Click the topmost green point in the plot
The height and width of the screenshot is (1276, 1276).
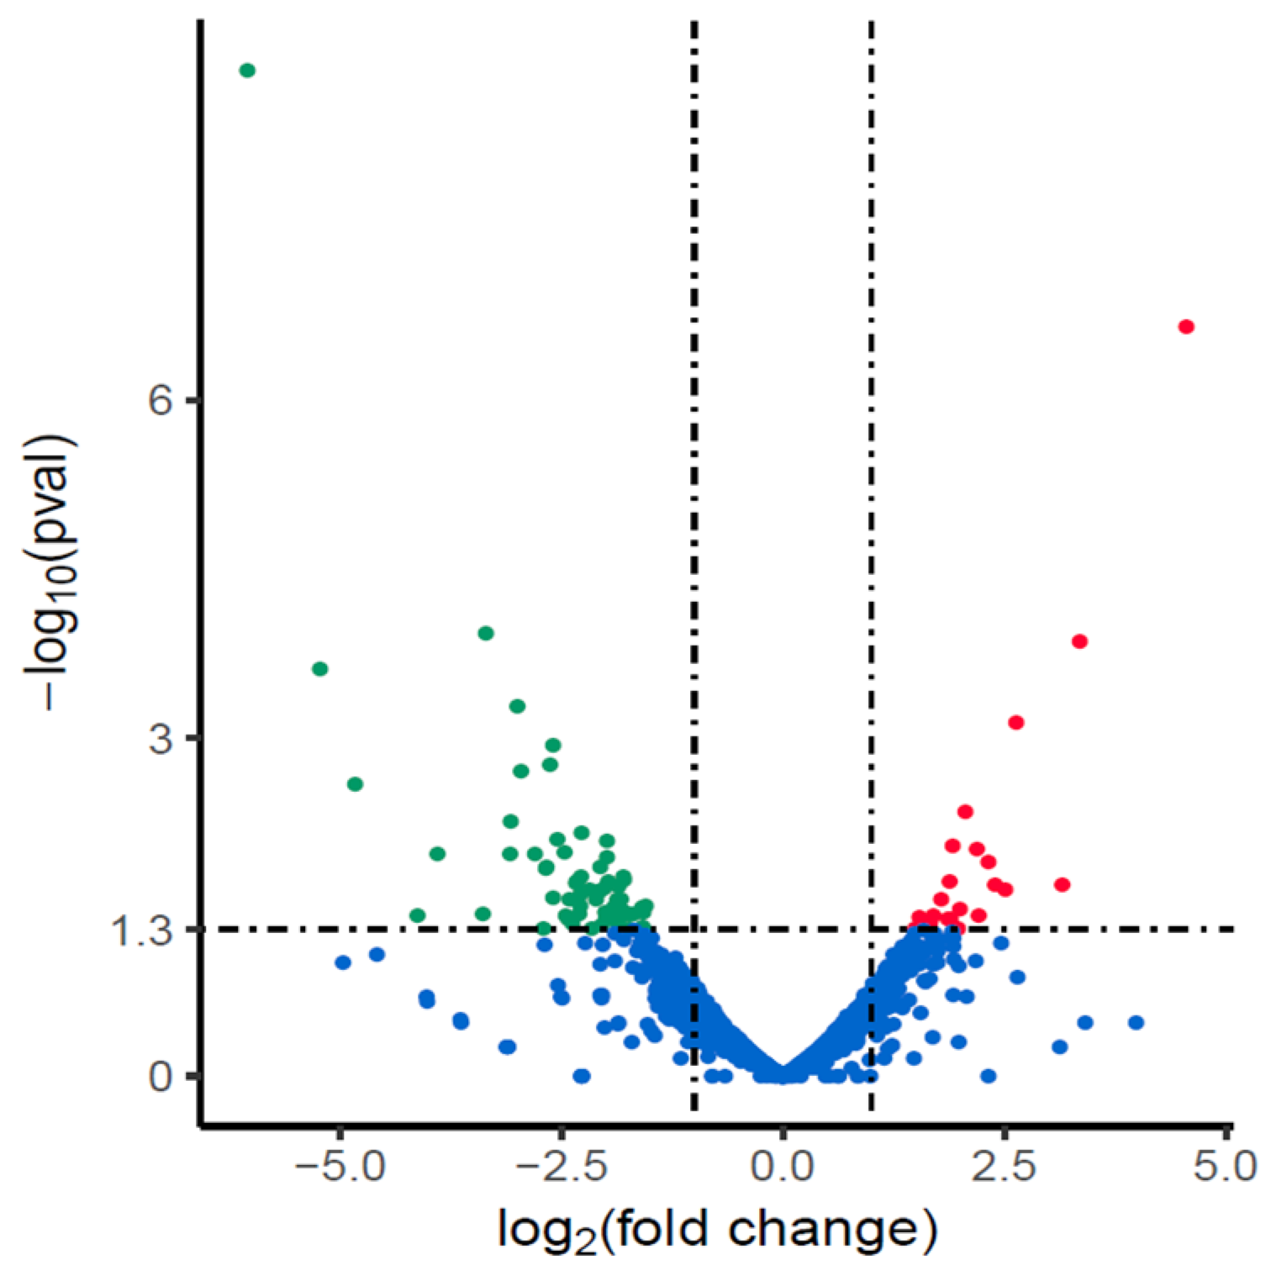point(247,71)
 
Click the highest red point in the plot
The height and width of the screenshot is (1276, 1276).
point(1186,327)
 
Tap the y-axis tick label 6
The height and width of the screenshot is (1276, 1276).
point(160,401)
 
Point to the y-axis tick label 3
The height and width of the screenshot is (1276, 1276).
point(160,739)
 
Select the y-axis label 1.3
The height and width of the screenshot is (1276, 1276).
point(141,931)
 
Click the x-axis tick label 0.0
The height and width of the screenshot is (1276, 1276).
point(783,1168)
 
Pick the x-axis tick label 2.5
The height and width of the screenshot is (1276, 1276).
point(1004,1168)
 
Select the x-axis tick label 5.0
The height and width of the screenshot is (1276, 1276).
point(1225,1168)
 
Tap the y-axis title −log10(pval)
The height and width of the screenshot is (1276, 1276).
point(52,572)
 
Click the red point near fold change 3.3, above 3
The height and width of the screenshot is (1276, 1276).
point(1080,641)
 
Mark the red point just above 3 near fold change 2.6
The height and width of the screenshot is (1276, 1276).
point(1016,723)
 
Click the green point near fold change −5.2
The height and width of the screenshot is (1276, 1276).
point(319,669)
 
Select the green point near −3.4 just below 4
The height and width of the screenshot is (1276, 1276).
point(486,633)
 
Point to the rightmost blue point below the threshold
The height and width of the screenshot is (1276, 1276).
point(1136,1022)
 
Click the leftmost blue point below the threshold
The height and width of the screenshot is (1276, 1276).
point(342,962)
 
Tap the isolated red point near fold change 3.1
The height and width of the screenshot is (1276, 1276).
point(1062,884)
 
